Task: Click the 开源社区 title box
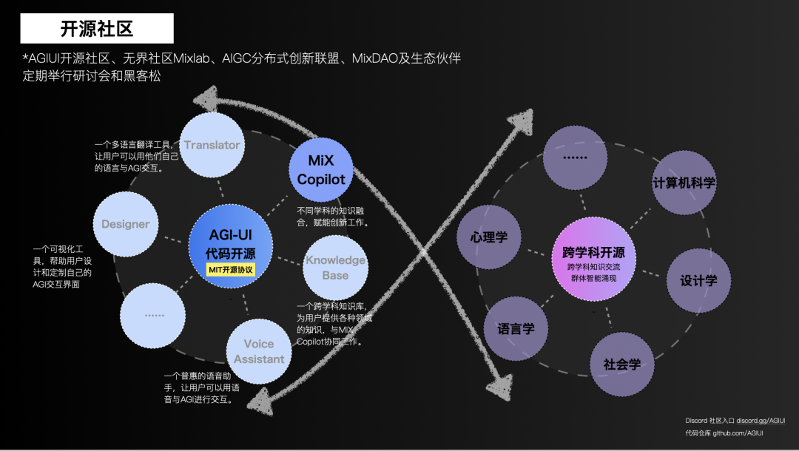[x=97, y=29]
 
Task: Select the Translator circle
[x=212, y=145]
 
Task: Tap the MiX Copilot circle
[x=321, y=169]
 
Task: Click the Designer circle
[x=126, y=224]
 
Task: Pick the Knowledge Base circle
[x=335, y=267]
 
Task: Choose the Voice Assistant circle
[x=259, y=351]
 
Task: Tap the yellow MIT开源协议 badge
[x=231, y=270]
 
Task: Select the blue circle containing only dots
[x=154, y=316]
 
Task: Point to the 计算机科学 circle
[x=684, y=183]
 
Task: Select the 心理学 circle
[x=489, y=237]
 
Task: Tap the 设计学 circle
[x=698, y=281]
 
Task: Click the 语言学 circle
[x=516, y=329]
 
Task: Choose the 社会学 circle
[x=622, y=364]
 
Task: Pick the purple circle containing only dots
[x=575, y=157]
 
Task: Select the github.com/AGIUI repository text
[x=738, y=433]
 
